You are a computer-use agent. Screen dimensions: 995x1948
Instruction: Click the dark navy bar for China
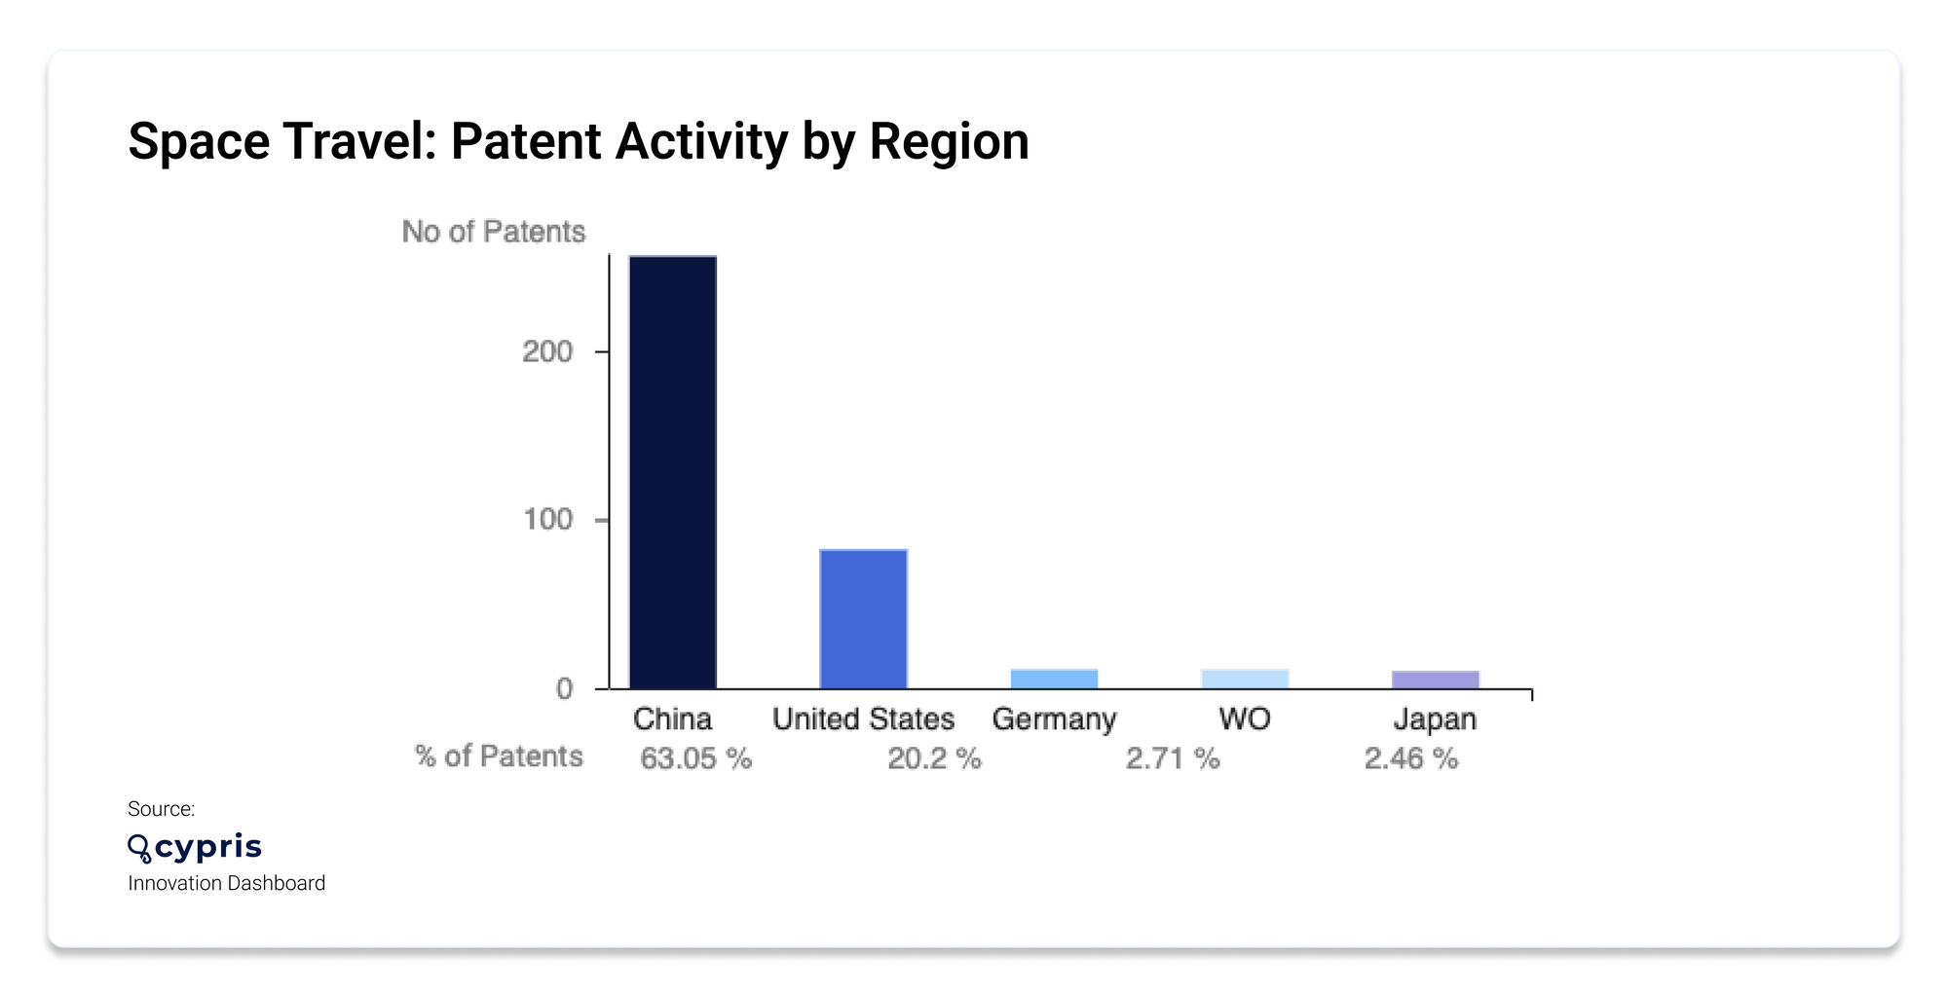click(x=673, y=472)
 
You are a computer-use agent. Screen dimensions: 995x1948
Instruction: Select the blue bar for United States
click(x=863, y=619)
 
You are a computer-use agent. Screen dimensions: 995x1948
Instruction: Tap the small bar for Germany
click(x=1054, y=679)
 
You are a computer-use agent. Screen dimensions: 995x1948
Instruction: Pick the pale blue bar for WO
click(x=1245, y=679)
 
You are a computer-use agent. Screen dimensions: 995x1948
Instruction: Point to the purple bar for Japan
click(x=1435, y=680)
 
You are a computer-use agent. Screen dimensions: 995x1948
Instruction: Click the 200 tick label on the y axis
click(x=547, y=351)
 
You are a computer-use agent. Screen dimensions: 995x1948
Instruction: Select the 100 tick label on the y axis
click(x=547, y=520)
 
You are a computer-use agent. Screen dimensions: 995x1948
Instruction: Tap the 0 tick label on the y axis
click(x=564, y=689)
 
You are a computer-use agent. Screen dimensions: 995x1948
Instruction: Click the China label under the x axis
click(x=672, y=719)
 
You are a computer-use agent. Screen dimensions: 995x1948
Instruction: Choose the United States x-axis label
click(x=863, y=719)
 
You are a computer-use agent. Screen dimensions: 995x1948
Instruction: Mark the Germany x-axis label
click(x=1054, y=719)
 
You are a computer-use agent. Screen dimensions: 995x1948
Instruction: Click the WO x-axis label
click(x=1245, y=719)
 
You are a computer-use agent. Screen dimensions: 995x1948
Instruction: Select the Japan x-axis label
click(x=1435, y=719)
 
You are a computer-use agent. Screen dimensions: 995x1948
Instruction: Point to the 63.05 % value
click(x=695, y=758)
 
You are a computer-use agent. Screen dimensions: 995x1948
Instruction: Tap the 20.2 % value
click(x=934, y=758)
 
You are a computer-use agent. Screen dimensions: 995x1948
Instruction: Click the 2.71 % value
click(x=1173, y=758)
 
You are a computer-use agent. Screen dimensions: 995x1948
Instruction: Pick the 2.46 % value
click(x=1411, y=758)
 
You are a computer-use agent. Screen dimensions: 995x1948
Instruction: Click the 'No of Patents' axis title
click(x=494, y=232)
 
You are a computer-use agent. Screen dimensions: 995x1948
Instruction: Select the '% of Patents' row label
click(x=499, y=756)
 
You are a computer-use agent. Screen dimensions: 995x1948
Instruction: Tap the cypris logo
click(x=196, y=847)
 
